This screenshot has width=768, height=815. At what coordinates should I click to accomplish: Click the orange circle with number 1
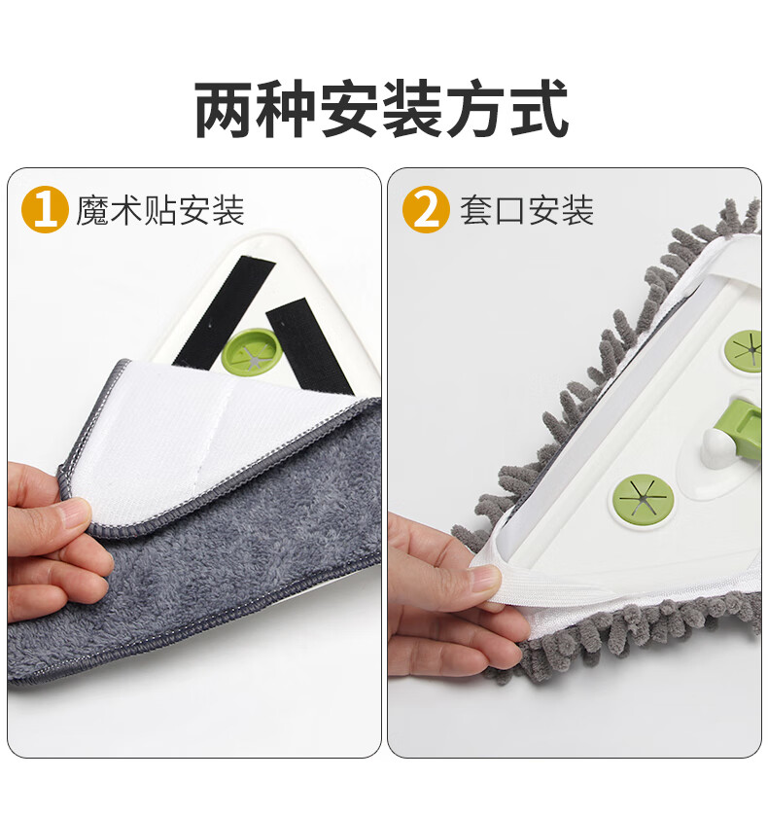click(45, 209)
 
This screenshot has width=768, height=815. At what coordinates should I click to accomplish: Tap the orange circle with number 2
click(426, 209)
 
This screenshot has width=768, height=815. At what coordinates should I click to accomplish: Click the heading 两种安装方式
click(382, 108)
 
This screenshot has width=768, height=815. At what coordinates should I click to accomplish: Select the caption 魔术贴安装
click(160, 210)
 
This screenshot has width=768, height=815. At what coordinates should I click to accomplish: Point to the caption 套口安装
click(526, 210)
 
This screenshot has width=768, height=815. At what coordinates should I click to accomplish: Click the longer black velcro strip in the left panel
click(225, 313)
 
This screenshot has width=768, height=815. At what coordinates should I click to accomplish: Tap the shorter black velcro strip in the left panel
click(309, 346)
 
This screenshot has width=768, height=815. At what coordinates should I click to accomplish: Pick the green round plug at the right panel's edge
click(745, 350)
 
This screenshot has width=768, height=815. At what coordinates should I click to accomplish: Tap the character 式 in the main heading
click(539, 108)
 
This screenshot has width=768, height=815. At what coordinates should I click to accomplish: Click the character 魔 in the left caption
click(92, 210)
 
